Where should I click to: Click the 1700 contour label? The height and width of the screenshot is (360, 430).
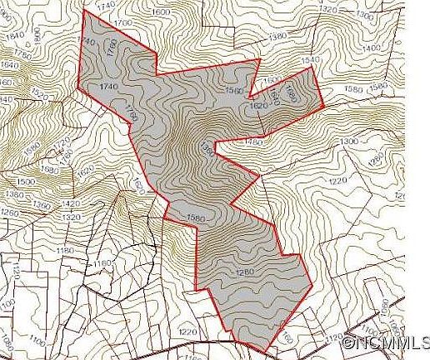tap(122, 22)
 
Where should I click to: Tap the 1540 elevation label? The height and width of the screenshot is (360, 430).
tap(310, 60)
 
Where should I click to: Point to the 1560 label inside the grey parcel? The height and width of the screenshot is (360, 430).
tap(233, 90)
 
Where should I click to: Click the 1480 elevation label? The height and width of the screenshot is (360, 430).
tap(253, 142)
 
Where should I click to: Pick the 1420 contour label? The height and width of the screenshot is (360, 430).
tap(71, 203)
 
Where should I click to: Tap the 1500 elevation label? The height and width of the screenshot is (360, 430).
tap(26, 181)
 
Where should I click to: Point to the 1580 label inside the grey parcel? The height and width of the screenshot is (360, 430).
tap(196, 218)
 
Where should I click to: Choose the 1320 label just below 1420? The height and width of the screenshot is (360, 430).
tap(69, 217)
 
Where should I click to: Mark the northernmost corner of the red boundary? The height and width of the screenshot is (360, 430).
tap(86, 12)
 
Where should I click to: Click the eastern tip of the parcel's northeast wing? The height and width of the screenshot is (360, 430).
tap(322, 107)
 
